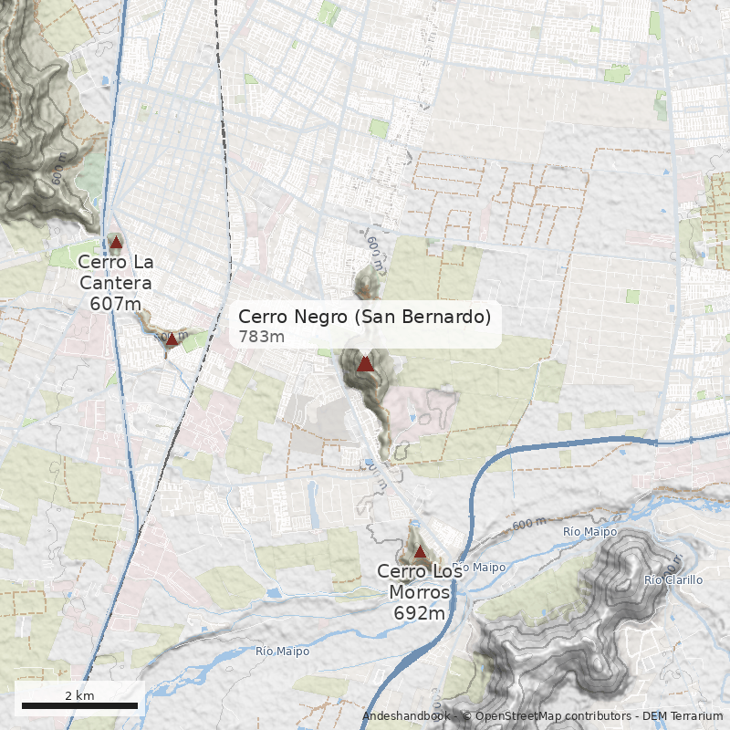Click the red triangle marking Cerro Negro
(365, 364)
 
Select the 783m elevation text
(262, 337)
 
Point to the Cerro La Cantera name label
(116, 272)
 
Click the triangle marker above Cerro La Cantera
(116, 243)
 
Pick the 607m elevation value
(116, 304)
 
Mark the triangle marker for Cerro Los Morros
(420, 552)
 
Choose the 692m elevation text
(420, 613)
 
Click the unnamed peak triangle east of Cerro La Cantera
(172, 339)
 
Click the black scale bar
(79, 705)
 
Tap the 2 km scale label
(79, 695)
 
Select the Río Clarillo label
(673, 580)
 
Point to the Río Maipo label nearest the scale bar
(282, 652)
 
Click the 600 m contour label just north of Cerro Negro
(373, 244)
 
